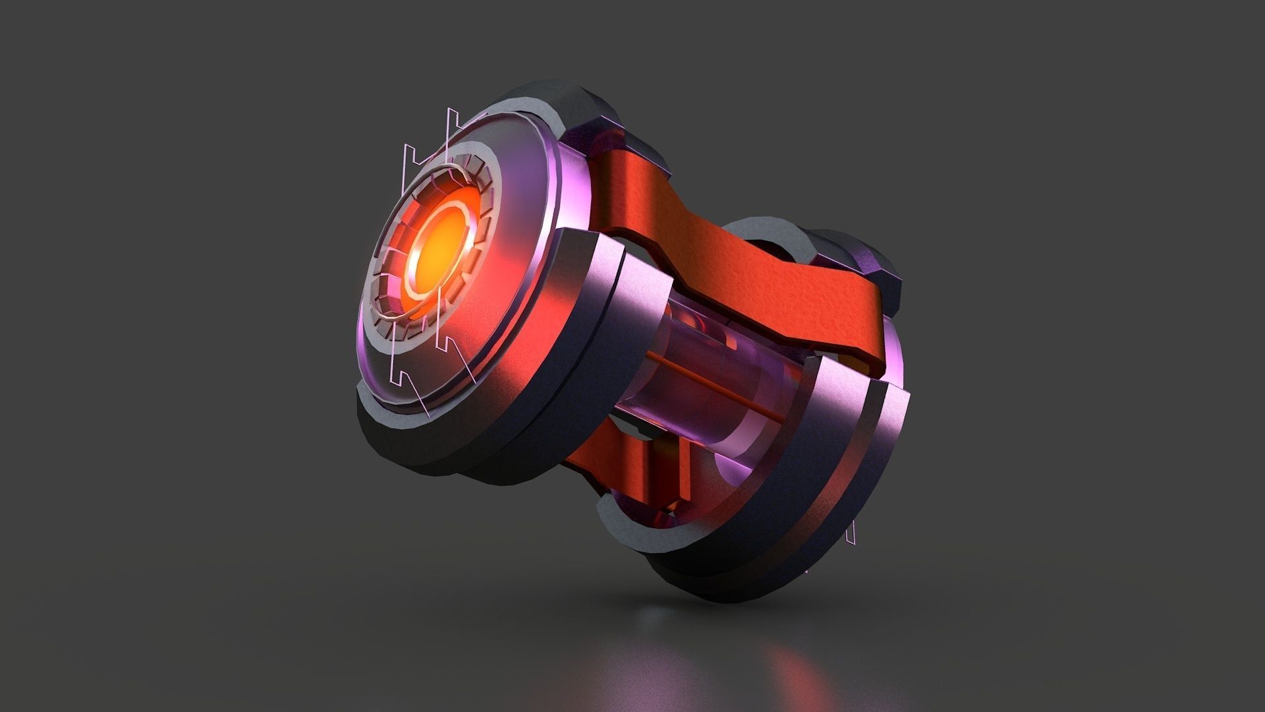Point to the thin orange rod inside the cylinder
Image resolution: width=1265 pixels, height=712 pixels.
712,389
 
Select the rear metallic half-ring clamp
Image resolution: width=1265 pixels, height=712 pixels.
857,461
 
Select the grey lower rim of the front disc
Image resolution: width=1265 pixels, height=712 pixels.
408,442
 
